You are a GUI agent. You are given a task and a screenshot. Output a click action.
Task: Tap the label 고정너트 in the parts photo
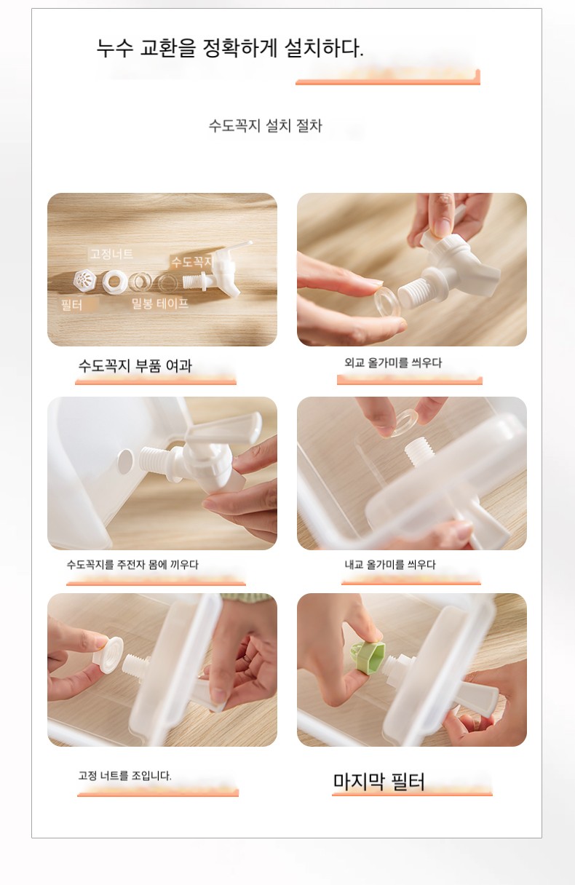pos(111,254)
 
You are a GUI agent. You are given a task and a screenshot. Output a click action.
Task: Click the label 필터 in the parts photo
pos(72,305)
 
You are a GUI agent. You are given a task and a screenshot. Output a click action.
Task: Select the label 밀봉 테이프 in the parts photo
pos(159,303)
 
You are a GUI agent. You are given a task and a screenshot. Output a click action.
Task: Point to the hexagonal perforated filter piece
pos(85,281)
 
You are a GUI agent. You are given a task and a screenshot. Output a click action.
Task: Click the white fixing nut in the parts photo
pos(114,282)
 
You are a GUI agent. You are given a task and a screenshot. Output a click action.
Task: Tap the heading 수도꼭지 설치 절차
pos(265,126)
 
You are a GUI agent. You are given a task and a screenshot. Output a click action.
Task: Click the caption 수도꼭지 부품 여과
pos(135,365)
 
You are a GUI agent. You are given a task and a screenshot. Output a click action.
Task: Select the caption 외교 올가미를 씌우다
pos(393,362)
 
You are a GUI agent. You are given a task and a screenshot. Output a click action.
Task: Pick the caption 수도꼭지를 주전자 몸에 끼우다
pos(132,564)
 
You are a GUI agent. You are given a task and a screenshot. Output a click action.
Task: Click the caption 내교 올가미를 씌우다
pos(390,565)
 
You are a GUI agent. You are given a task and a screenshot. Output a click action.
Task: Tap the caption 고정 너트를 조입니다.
pos(125,776)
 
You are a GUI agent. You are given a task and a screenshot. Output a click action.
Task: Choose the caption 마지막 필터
pos(379,781)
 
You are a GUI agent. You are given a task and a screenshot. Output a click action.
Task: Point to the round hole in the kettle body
pos(125,461)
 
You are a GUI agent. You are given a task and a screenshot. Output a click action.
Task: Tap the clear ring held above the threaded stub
pos(401,424)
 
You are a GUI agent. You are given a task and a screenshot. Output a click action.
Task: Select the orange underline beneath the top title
pos(388,82)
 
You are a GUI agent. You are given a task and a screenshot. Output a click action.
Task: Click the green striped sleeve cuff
pos(246,598)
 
